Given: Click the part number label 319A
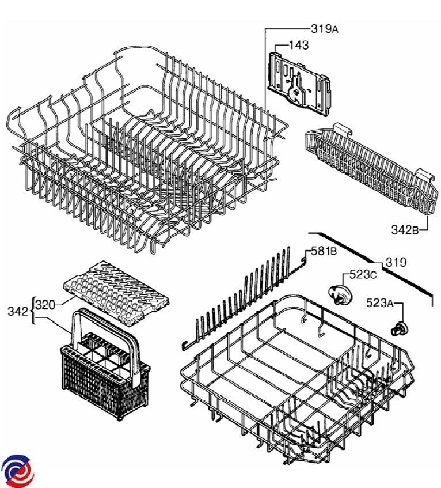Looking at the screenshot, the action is pyautogui.click(x=324, y=29).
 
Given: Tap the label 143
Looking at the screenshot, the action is pyautogui.click(x=299, y=45).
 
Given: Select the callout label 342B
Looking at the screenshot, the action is pyautogui.click(x=405, y=230).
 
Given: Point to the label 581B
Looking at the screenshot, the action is pyautogui.click(x=324, y=251).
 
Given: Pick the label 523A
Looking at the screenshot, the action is pyautogui.click(x=380, y=303).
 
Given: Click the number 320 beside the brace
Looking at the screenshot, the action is pyautogui.click(x=45, y=305).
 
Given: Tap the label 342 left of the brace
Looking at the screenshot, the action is pyautogui.click(x=18, y=311).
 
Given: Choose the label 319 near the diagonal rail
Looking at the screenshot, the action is pyautogui.click(x=396, y=262).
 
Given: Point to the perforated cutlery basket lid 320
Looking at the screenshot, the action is pyautogui.click(x=117, y=293).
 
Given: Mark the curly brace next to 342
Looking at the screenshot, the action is pyautogui.click(x=32, y=311).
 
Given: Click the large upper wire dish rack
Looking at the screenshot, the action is pyautogui.click(x=146, y=149).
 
